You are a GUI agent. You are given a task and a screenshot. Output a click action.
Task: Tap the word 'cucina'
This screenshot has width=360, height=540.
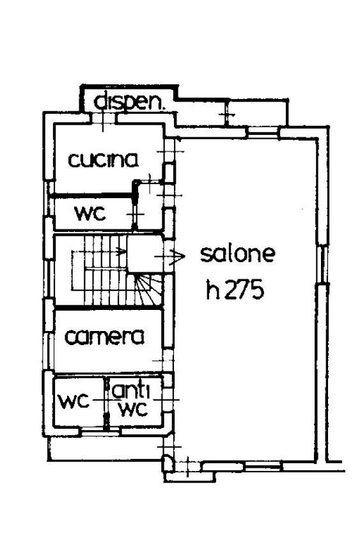pyautogui.click(x=104, y=159)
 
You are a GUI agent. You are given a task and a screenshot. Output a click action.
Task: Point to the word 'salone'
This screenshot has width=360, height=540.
pyautogui.click(x=238, y=254)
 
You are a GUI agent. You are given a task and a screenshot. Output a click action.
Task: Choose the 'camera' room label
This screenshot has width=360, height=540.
pyautogui.click(x=104, y=336)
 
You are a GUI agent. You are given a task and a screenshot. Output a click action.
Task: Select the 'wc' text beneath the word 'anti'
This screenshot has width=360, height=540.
pyautogui.click(x=134, y=409)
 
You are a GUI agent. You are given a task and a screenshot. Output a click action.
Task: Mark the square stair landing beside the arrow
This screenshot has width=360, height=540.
pyautogui.click(x=144, y=253)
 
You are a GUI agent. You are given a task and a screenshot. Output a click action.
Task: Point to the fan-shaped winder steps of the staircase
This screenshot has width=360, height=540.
pyautogui.click(x=151, y=291)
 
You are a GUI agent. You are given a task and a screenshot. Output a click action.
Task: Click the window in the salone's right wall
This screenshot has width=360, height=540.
pyautogui.click(x=325, y=268)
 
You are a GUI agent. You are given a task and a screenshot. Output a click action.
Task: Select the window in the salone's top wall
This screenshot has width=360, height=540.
pyautogui.click(x=263, y=133)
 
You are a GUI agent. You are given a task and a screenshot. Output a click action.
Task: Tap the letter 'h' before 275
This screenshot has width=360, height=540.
pyautogui.click(x=213, y=291)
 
